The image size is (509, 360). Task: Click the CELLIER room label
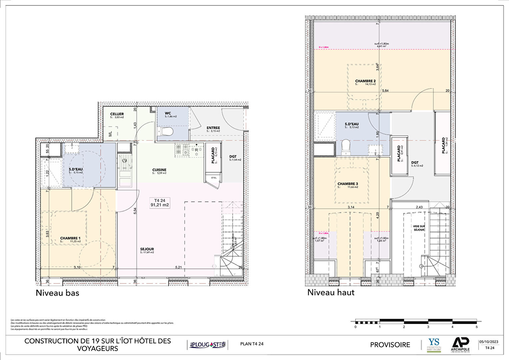click(117, 114)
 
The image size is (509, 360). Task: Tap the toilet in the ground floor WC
click(166, 132)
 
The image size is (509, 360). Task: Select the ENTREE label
click(213, 128)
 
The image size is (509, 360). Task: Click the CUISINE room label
click(159, 170)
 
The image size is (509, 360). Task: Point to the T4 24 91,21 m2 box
click(160, 203)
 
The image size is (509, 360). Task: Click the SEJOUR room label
click(147, 249)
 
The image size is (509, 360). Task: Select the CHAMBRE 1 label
click(70, 238)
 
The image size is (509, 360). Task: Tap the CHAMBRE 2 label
click(365, 81)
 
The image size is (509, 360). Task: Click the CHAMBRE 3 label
click(348, 184)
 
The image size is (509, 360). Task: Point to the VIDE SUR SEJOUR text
click(419, 228)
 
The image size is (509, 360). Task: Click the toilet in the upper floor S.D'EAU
click(346, 147)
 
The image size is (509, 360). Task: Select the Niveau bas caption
click(57, 293)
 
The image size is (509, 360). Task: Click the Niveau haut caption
click(331, 292)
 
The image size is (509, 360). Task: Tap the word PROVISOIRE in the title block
click(390, 345)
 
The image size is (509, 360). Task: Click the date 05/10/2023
click(489, 342)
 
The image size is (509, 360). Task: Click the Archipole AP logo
click(461, 343)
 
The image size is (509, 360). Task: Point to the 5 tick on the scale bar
click(477, 327)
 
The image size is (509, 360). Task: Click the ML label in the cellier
click(110, 134)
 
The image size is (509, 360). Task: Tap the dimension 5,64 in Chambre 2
click(385, 91)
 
